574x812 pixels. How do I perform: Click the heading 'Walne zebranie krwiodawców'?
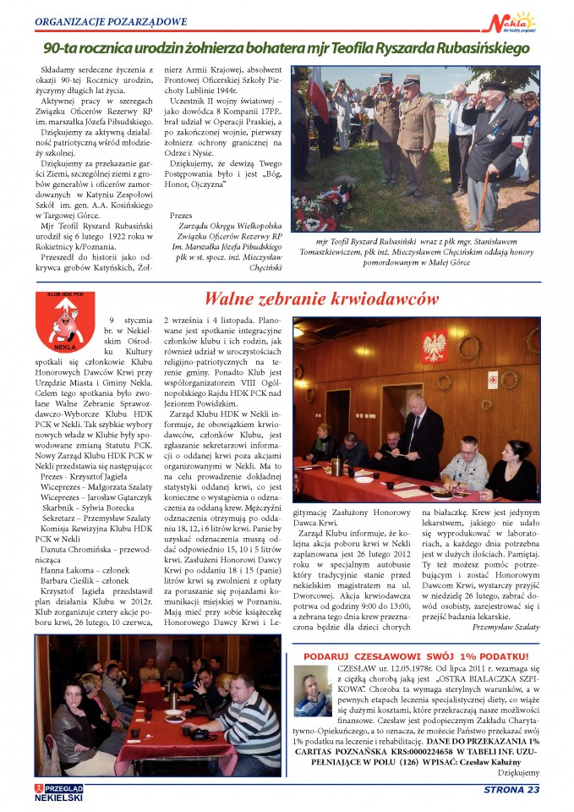(x=321, y=299)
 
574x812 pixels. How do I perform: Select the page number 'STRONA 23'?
(x=510, y=790)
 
